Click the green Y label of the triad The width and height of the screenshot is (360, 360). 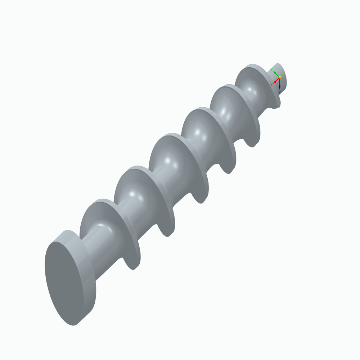tap(271, 69)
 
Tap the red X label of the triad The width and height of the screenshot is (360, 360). tap(271, 85)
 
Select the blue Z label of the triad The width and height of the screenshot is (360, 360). tap(279, 93)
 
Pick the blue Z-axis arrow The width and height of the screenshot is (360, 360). tap(280, 85)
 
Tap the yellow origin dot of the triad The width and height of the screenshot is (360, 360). tap(280, 77)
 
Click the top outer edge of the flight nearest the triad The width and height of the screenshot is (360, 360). tap(252, 66)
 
